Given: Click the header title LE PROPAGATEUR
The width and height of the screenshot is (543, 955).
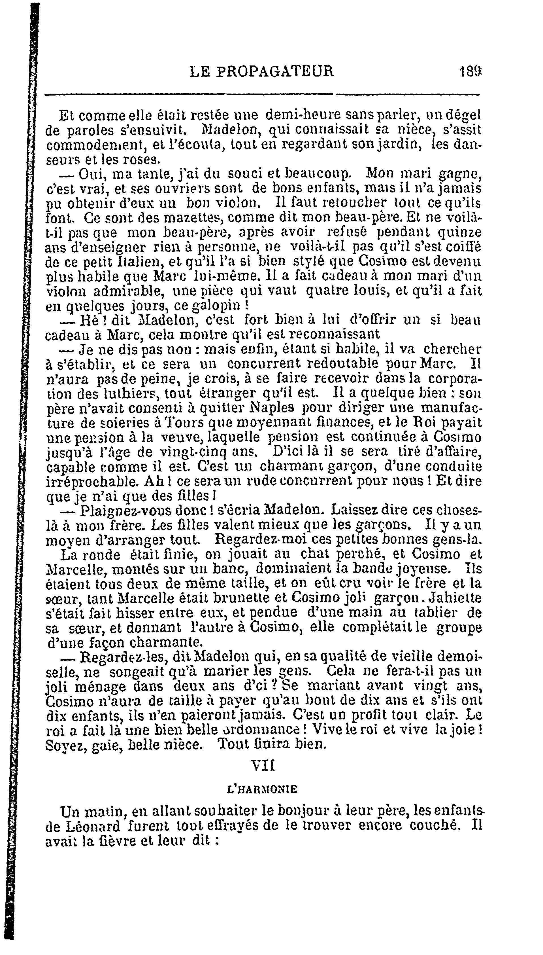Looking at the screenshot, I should [261, 71].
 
